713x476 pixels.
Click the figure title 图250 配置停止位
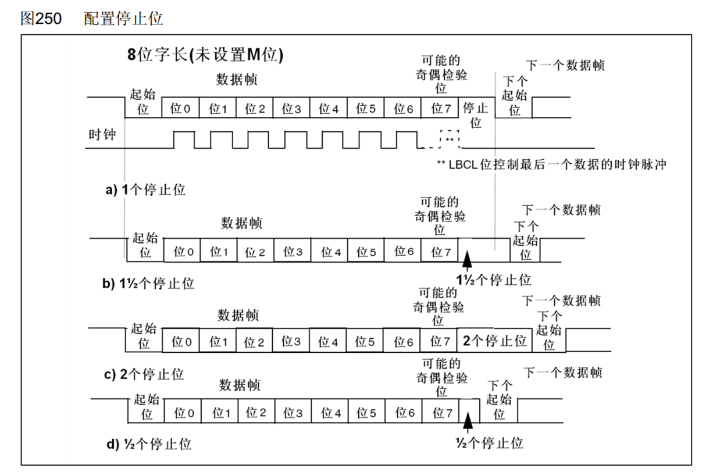pyautogui.click(x=92, y=19)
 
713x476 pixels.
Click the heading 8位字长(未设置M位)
pyautogui.click(x=205, y=57)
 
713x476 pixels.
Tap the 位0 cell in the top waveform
pyautogui.click(x=181, y=108)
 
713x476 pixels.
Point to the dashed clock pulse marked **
pyautogui.click(x=449, y=139)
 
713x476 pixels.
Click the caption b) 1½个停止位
pyautogui.click(x=149, y=284)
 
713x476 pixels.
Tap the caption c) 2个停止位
pyautogui.click(x=144, y=374)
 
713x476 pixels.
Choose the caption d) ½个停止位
pyautogui.click(x=148, y=445)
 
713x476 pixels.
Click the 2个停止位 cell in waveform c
pyautogui.click(x=495, y=341)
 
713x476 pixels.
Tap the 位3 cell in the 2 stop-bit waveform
pyautogui.click(x=291, y=342)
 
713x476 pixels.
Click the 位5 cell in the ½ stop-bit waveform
pyautogui.click(x=366, y=413)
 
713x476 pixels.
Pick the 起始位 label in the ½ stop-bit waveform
pyautogui.click(x=147, y=407)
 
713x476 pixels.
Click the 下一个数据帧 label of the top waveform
pyautogui.click(x=565, y=65)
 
